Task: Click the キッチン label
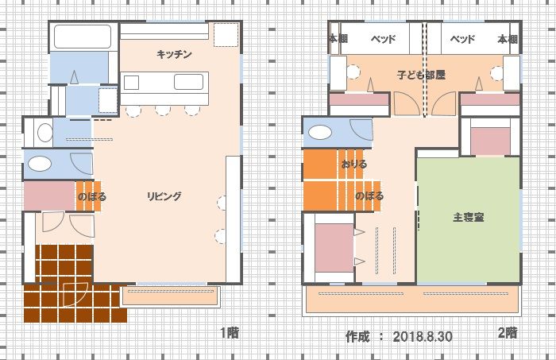[x=174, y=54]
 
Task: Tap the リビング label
[x=164, y=196]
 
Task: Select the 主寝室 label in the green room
[x=469, y=217]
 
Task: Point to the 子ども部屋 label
[x=421, y=75]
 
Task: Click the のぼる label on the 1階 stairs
[x=92, y=196]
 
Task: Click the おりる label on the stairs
[x=354, y=165]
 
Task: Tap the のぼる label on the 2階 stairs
[x=369, y=195]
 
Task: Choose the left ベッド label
[x=384, y=39]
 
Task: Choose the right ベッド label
[x=462, y=39]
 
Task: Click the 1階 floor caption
[x=230, y=333]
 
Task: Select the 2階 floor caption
[x=508, y=333]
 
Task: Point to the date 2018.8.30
[x=423, y=336]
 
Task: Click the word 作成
[x=357, y=336]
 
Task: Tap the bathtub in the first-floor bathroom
[x=83, y=37]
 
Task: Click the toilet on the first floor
[x=44, y=133]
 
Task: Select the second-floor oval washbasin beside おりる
[x=320, y=133]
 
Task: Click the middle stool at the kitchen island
[x=163, y=110]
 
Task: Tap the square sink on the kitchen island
[x=131, y=83]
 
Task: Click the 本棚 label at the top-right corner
[x=508, y=39]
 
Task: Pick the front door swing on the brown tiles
[x=75, y=294]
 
